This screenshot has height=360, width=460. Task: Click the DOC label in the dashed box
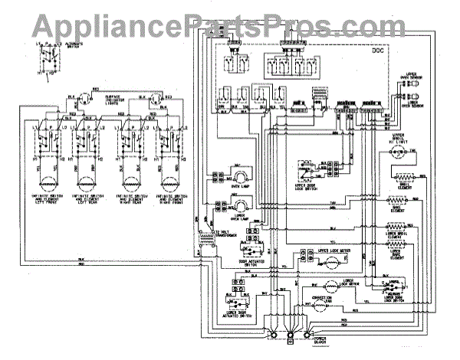[378, 51]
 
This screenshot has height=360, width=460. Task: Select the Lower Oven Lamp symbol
[240, 202]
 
